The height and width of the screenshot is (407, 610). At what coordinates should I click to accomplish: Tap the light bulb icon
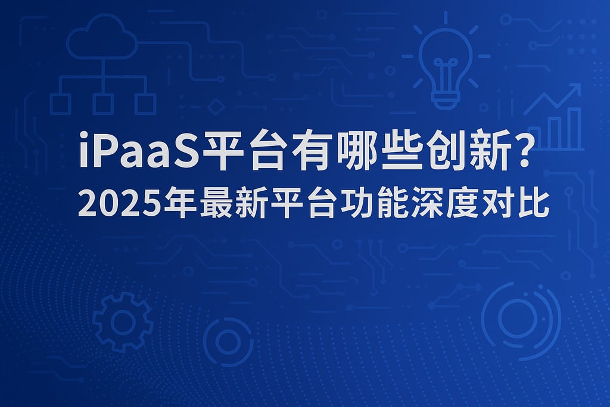click(x=445, y=63)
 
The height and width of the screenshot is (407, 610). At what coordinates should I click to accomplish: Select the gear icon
click(x=123, y=322)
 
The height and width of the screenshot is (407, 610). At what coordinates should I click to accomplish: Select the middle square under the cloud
click(x=103, y=104)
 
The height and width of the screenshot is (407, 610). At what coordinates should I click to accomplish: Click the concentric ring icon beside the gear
click(x=228, y=341)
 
